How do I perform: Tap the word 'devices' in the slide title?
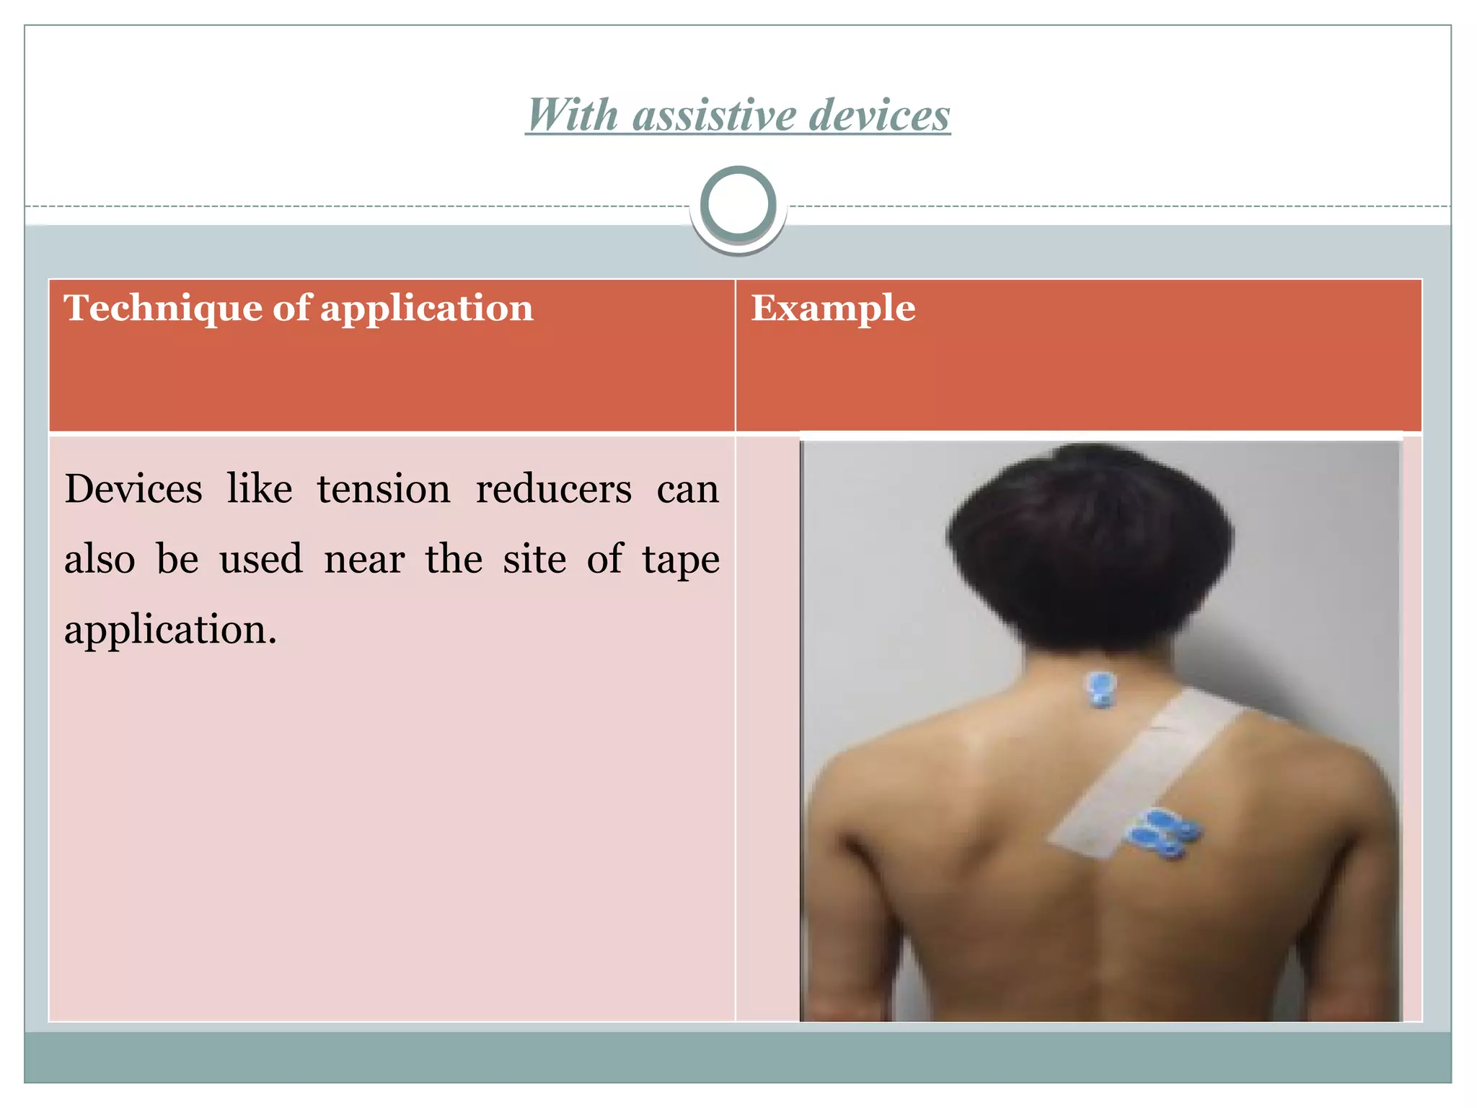879,115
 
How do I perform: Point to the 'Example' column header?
833,308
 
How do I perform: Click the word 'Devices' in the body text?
133,489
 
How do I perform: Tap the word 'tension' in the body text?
384,489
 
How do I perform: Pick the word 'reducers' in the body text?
553,489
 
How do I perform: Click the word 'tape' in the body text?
681,560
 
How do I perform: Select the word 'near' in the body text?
364,560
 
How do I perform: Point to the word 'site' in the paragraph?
534,560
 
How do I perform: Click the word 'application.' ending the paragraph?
170,630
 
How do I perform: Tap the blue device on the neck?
1101,689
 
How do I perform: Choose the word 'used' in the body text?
261,560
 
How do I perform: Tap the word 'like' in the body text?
260,489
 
